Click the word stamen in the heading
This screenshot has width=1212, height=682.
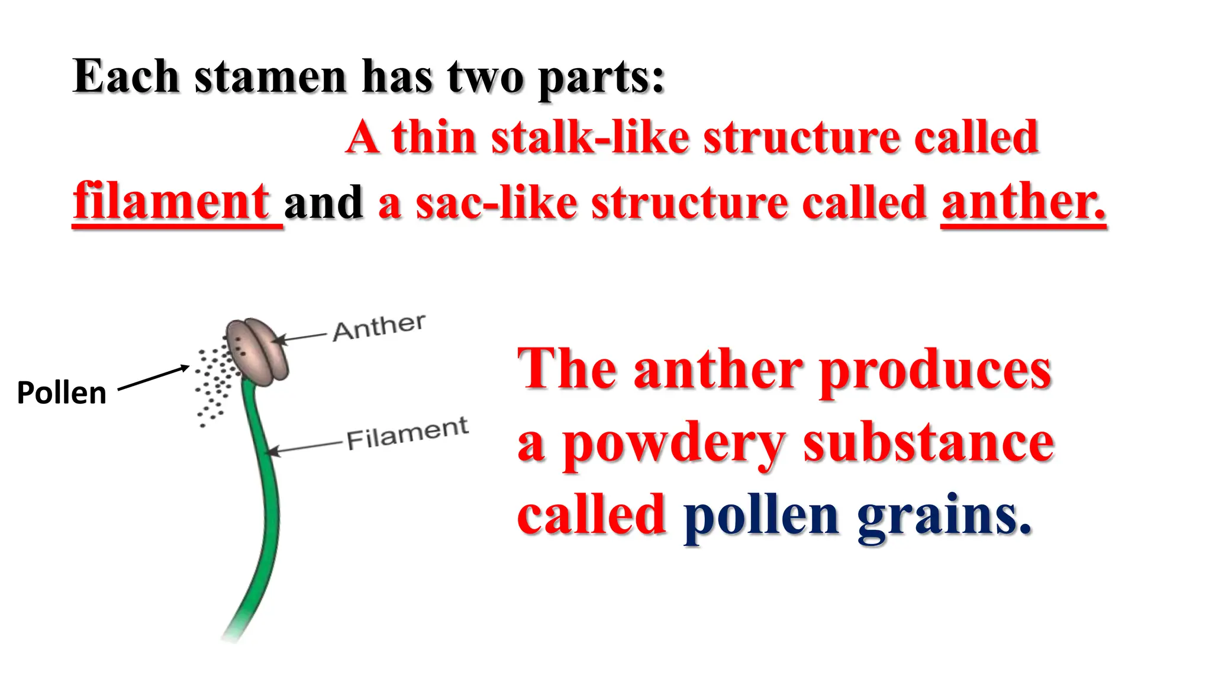click(270, 77)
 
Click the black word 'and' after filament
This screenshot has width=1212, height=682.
click(323, 202)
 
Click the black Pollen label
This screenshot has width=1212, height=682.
click(62, 393)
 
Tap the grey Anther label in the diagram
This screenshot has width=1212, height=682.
click(379, 327)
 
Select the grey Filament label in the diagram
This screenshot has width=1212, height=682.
click(407, 433)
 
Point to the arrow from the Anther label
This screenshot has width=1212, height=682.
click(302, 337)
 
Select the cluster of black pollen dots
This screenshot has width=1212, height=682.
click(213, 385)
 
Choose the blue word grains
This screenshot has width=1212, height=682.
click(943, 515)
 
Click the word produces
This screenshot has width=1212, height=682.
click(935, 369)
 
